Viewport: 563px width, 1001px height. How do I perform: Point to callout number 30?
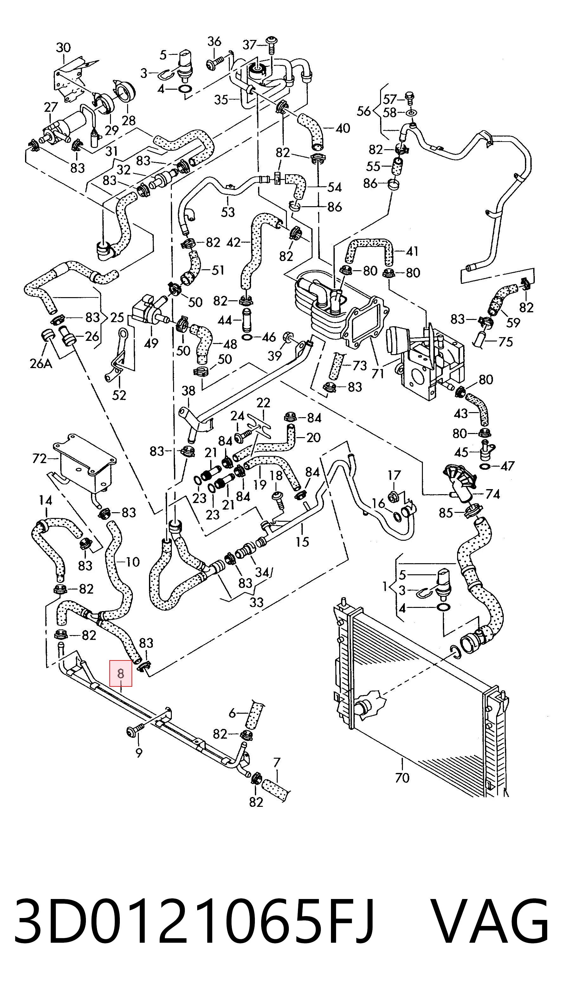(63, 48)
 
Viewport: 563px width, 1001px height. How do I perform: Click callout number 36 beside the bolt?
(214, 41)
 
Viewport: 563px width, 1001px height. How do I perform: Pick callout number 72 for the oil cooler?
(40, 459)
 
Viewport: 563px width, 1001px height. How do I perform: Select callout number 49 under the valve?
(151, 343)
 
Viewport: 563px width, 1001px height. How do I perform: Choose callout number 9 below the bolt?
(139, 753)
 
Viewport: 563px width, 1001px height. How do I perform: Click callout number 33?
(256, 603)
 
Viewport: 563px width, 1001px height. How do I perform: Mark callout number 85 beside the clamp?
(446, 513)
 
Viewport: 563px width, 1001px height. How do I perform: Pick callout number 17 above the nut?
(394, 475)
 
